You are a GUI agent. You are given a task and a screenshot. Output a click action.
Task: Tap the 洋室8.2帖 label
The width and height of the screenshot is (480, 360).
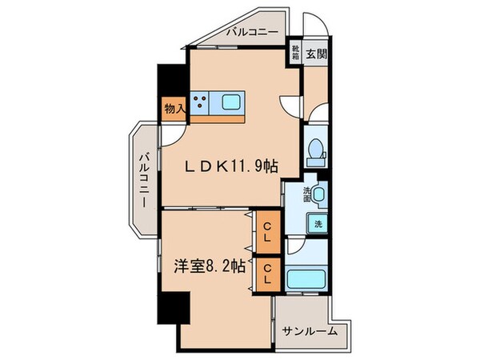[x=206, y=269]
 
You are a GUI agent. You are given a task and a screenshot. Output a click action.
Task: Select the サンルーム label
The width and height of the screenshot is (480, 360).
[x=309, y=330]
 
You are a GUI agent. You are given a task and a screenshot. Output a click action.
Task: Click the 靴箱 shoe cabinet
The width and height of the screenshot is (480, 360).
[x=295, y=54]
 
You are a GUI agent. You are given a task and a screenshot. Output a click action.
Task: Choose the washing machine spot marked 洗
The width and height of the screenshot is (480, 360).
[x=319, y=225]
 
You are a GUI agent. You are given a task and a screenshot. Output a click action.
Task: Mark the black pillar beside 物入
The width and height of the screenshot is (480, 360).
[x=170, y=80]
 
